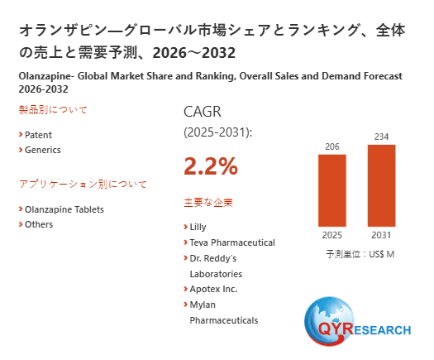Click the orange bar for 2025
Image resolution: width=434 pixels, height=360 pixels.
click(332, 190)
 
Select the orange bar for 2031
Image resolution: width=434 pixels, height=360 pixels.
click(382, 185)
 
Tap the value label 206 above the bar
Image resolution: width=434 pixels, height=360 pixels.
click(332, 146)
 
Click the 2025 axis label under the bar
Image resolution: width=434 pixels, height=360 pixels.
click(332, 234)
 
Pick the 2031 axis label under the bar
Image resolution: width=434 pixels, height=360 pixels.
click(382, 234)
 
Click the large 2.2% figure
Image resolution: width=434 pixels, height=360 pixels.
click(210, 166)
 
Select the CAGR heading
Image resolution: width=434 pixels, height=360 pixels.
click(203, 112)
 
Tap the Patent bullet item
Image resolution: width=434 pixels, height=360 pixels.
click(38, 134)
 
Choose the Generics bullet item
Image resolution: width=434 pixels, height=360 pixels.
click(42, 150)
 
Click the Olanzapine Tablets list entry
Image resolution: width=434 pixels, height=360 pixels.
click(64, 209)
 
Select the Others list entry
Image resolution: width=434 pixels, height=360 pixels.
click(39, 224)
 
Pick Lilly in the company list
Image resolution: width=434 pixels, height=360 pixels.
click(198, 227)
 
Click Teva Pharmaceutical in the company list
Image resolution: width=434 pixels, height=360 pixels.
click(231, 242)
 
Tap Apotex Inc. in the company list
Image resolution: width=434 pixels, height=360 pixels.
click(213, 289)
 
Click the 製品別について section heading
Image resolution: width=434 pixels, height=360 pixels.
click(53, 109)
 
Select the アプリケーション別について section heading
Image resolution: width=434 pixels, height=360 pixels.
click(83, 184)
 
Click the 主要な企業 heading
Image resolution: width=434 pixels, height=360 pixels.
click(208, 202)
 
